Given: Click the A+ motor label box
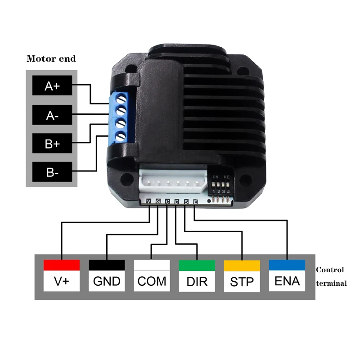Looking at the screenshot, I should (52, 86).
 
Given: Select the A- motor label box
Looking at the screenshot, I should (52, 116).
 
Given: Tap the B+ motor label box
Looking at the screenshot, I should (52, 144).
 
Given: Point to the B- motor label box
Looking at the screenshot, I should (52, 172).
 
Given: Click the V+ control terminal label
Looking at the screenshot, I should (62, 281).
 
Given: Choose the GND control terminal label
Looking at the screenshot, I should (107, 281).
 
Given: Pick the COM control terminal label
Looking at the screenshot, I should (152, 281).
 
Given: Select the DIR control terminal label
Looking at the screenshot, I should (197, 281).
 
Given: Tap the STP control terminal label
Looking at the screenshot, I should (242, 282).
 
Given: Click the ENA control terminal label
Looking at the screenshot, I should (287, 281).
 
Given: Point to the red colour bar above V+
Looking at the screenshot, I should (62, 265).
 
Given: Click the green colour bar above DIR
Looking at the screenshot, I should (197, 265).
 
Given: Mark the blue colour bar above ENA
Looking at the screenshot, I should (287, 265).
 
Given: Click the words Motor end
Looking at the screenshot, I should (51, 58).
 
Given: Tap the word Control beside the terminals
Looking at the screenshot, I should (330, 270).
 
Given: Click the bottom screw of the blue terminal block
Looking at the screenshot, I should (121, 137).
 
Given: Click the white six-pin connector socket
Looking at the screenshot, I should (172, 182).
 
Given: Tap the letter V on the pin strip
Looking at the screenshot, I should (149, 202).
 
